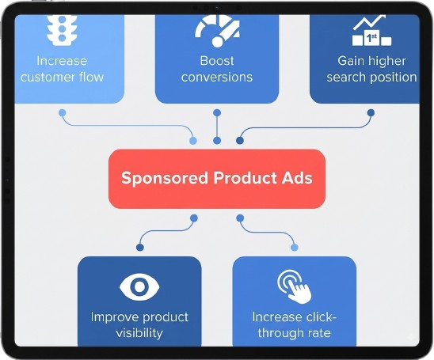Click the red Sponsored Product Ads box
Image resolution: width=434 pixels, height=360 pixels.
[217, 179]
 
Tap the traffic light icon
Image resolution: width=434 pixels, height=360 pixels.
[62, 29]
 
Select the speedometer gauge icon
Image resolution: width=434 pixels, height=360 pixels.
[217, 31]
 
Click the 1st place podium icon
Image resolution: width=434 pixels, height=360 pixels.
[371, 30]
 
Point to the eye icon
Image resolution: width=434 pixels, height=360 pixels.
[139, 286]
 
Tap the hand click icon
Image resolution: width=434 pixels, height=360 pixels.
[295, 286]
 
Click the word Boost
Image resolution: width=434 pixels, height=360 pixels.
[217, 61]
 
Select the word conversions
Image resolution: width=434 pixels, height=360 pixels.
[217, 77]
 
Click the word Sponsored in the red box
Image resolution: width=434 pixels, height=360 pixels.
[165, 178]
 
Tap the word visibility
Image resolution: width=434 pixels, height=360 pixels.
[139, 332]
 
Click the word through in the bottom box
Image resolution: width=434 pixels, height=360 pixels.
[280, 332]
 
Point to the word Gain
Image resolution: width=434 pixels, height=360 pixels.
[350, 61]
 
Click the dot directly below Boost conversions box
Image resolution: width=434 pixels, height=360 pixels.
[217, 113]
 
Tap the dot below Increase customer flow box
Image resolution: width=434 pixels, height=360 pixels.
[63, 113]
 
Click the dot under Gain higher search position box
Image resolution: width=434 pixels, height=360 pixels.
[371, 113]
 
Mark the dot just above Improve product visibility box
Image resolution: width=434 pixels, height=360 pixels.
[140, 247]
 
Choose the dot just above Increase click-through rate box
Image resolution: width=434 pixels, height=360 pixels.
[295, 247]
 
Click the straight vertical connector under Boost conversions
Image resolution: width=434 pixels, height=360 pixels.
[217, 127]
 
